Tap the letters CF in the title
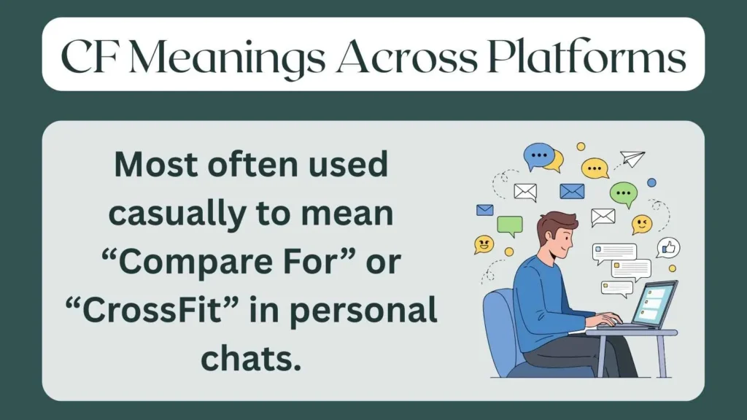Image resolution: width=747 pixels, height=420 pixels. click(x=85, y=55)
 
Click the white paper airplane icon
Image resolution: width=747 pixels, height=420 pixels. click(x=632, y=158)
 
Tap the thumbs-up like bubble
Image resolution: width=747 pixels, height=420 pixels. click(x=667, y=248)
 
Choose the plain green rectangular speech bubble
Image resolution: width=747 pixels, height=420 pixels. click(x=510, y=225)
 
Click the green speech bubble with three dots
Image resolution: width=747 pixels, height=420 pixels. click(x=623, y=194)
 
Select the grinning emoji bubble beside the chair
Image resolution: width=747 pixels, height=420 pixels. click(x=483, y=244)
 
